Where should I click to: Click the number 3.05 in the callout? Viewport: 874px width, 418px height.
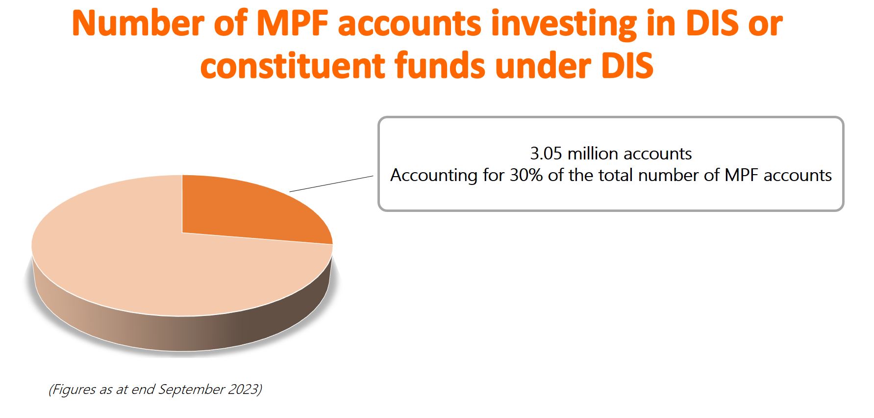[546, 154]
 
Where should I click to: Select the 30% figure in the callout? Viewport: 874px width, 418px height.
[526, 175]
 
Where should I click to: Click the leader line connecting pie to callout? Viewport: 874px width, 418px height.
[331, 183]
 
